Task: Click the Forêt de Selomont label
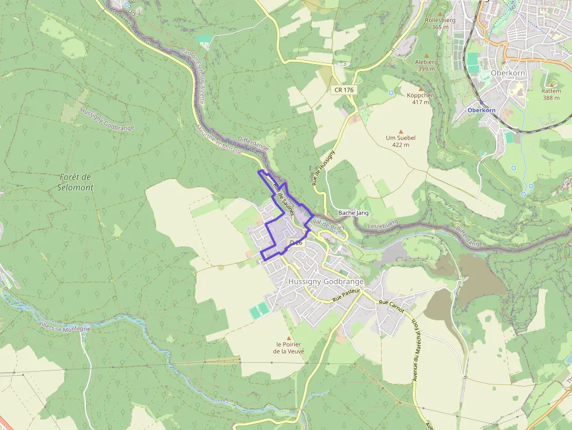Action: (x=76, y=181)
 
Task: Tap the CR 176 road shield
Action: (x=344, y=90)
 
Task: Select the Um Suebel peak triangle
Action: (x=400, y=131)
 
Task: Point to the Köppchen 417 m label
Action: (x=420, y=98)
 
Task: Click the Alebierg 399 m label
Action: (x=426, y=65)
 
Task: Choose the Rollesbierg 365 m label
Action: (x=440, y=23)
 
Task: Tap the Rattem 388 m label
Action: (x=551, y=94)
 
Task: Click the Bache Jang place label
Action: (x=353, y=213)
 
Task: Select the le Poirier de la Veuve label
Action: (x=288, y=347)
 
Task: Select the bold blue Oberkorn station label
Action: (x=480, y=110)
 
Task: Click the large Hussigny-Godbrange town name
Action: (x=326, y=282)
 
